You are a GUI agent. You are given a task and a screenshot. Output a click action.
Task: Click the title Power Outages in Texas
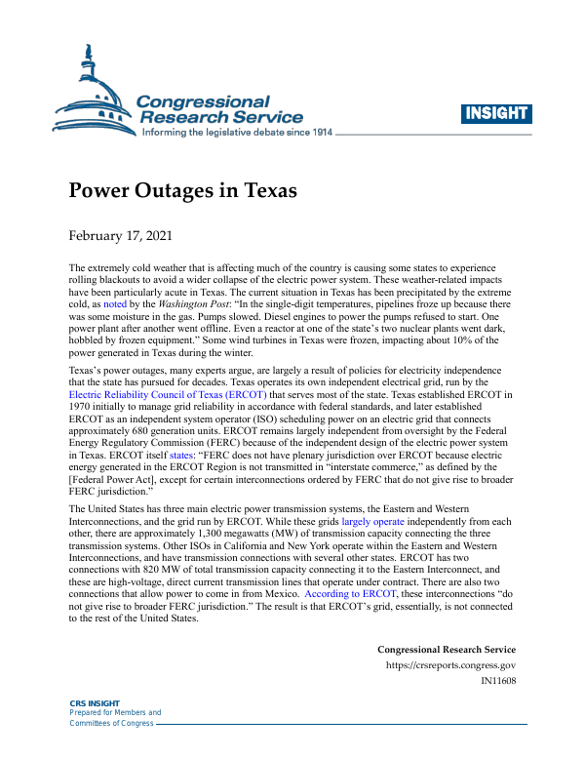coord(181,189)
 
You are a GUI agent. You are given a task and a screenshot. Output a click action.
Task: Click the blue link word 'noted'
coord(115,304)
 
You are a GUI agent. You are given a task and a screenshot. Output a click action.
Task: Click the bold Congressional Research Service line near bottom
coord(446,650)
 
